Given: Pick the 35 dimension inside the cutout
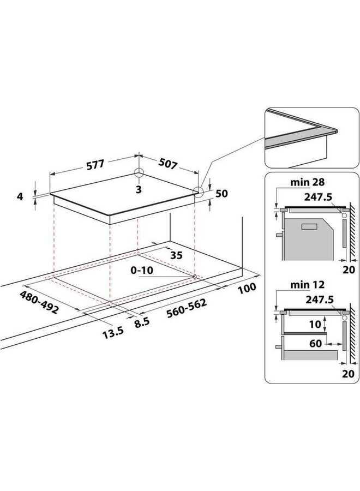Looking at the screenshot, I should (x=175, y=254).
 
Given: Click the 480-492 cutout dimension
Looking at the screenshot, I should (x=39, y=301).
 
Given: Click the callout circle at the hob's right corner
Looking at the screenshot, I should (x=199, y=192).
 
